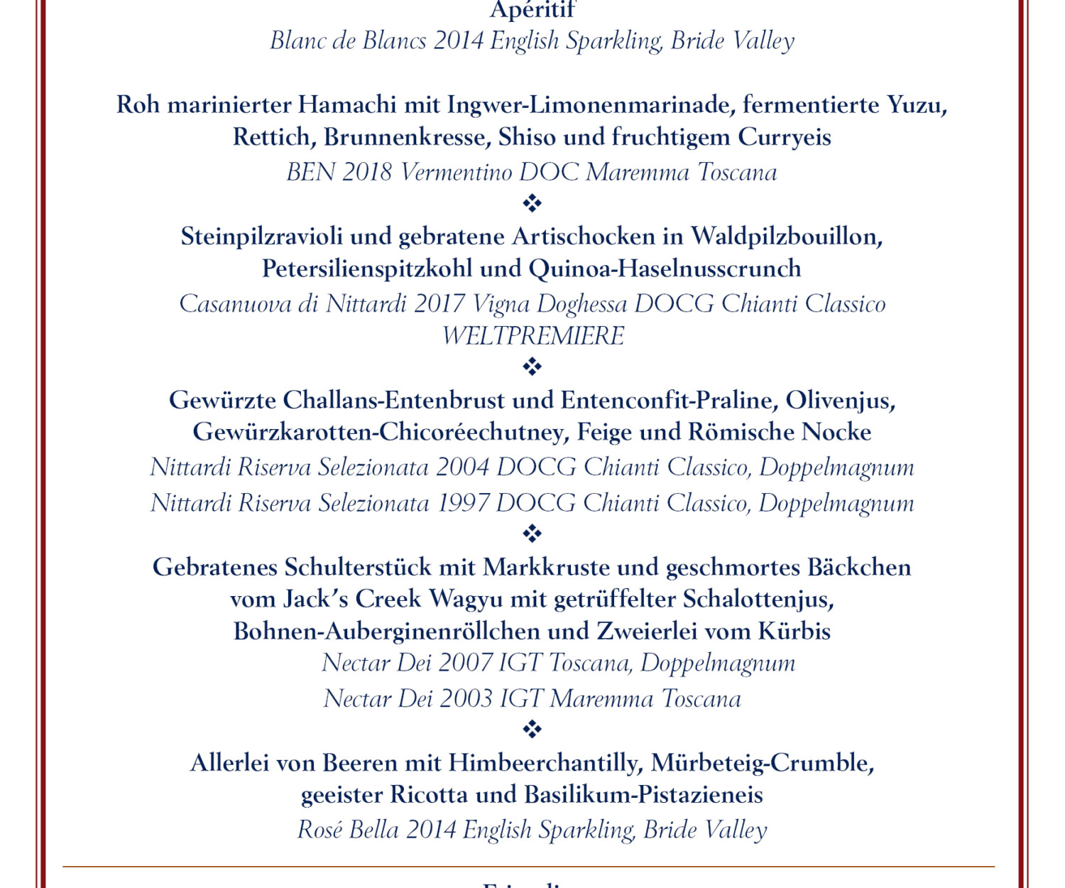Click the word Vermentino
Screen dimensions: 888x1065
(x=455, y=173)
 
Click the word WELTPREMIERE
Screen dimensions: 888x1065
(x=532, y=336)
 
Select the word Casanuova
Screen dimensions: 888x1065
(x=235, y=304)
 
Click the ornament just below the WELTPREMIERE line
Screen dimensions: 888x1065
(x=532, y=367)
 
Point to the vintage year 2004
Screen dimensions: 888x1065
(x=462, y=467)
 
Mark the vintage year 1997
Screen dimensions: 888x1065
(x=462, y=503)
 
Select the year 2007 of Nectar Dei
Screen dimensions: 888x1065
(x=465, y=663)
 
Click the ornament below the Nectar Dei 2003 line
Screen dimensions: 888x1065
(x=532, y=729)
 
